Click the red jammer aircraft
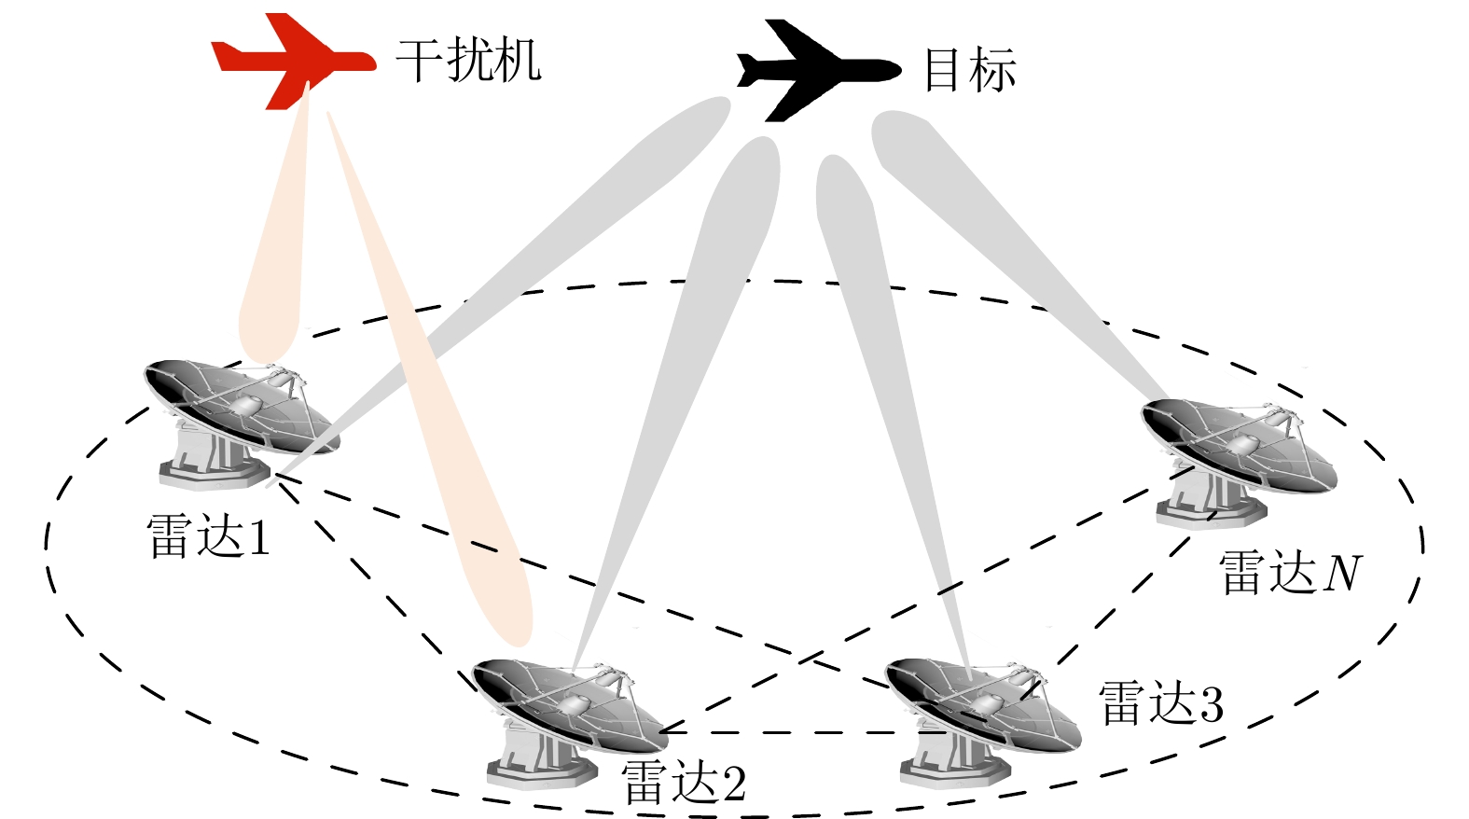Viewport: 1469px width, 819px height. [289, 61]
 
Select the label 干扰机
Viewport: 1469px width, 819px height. [468, 61]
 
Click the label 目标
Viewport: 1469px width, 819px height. [969, 71]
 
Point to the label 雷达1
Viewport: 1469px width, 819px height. [208, 538]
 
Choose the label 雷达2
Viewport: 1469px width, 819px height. [683, 784]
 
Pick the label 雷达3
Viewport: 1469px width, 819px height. [1160, 703]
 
